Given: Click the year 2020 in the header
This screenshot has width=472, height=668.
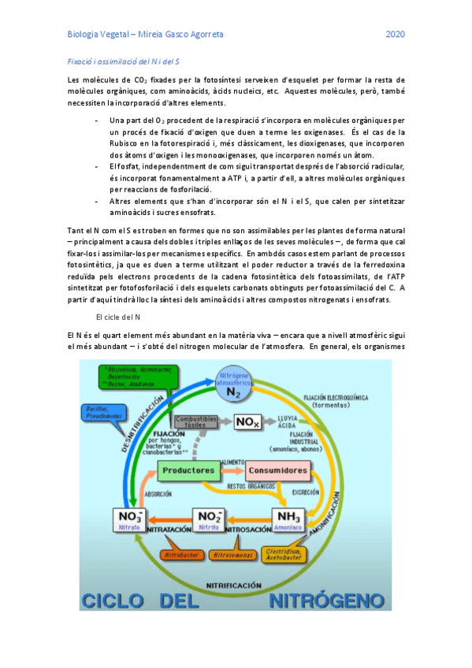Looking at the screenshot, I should pos(395,35).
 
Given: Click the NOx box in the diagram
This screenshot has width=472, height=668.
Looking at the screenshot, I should pos(247,423).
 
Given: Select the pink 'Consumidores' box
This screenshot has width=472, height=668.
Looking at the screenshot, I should pos(277,470).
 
